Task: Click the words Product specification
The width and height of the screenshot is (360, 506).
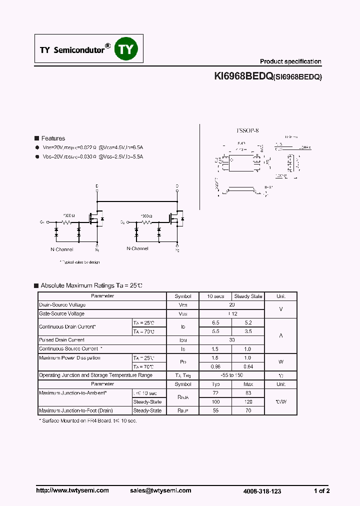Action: (290, 61)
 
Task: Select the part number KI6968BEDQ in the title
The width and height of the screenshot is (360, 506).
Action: (243, 76)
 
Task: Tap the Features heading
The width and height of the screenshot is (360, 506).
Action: (53, 138)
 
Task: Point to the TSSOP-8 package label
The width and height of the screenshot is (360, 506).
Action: (247, 130)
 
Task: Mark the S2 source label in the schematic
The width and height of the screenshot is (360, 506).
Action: (177, 249)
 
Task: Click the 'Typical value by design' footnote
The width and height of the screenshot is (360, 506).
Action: (79, 262)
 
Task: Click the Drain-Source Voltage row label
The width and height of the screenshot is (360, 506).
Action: (62, 304)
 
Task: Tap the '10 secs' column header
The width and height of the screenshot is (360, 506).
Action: (215, 296)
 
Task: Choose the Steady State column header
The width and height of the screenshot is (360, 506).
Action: (248, 296)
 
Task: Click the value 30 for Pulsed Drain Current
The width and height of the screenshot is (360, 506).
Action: (232, 340)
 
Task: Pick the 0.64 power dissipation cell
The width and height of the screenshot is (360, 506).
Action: (248, 366)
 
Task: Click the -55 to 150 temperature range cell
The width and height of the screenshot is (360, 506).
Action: (232, 375)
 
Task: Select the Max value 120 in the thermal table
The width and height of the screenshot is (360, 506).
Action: (248, 401)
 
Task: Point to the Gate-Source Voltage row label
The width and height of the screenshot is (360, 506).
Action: (61, 313)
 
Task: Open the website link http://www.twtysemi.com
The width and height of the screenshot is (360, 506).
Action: (72, 490)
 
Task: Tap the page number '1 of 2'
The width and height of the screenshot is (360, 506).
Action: (321, 491)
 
